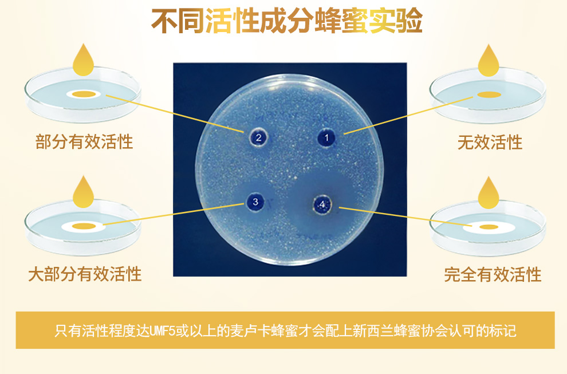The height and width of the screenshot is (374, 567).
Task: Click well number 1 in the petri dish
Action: tap(326, 138)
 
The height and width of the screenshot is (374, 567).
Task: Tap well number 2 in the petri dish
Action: tap(258, 137)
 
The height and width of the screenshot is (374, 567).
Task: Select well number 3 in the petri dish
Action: tap(255, 202)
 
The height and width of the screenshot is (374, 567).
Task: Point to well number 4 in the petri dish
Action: tap(322, 204)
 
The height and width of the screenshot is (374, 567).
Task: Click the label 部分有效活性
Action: tap(84, 141)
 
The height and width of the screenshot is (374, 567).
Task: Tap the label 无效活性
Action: tap(490, 142)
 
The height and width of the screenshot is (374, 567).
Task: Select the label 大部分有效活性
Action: tap(85, 274)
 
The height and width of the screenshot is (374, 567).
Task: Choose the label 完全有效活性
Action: tap(493, 274)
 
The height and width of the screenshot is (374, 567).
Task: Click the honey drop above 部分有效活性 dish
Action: tap(83, 60)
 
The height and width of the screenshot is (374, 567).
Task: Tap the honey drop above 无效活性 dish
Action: tap(489, 61)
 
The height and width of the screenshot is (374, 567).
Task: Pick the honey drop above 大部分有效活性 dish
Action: tap(83, 192)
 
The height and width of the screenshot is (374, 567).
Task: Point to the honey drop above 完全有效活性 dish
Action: tap(489, 193)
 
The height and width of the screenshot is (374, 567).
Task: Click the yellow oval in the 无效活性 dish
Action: tap(489, 95)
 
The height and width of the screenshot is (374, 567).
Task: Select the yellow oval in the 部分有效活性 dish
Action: tap(84, 95)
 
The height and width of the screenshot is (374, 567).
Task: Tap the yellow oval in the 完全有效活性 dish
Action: tap(489, 227)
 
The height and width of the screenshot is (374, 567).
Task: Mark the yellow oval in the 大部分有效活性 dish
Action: tap(84, 226)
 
